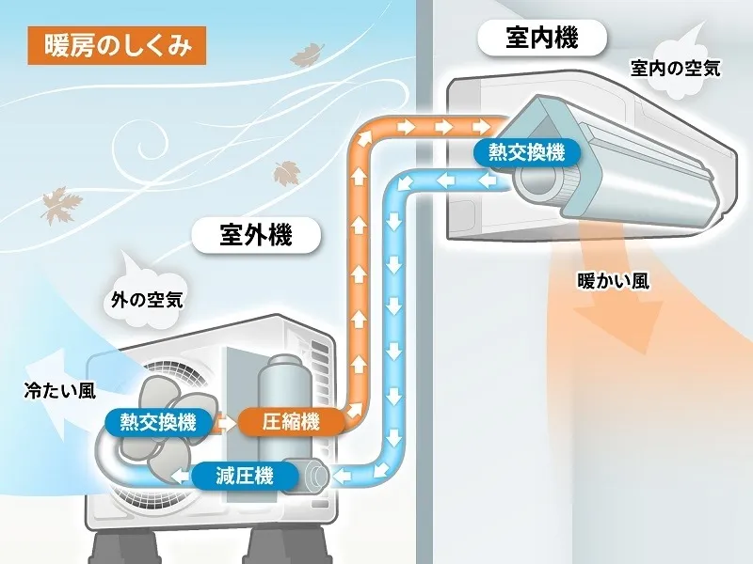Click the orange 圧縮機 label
(x=291, y=421)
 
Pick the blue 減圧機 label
(x=245, y=476)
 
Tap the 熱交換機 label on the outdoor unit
(x=158, y=421)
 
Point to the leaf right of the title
(x=307, y=57)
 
